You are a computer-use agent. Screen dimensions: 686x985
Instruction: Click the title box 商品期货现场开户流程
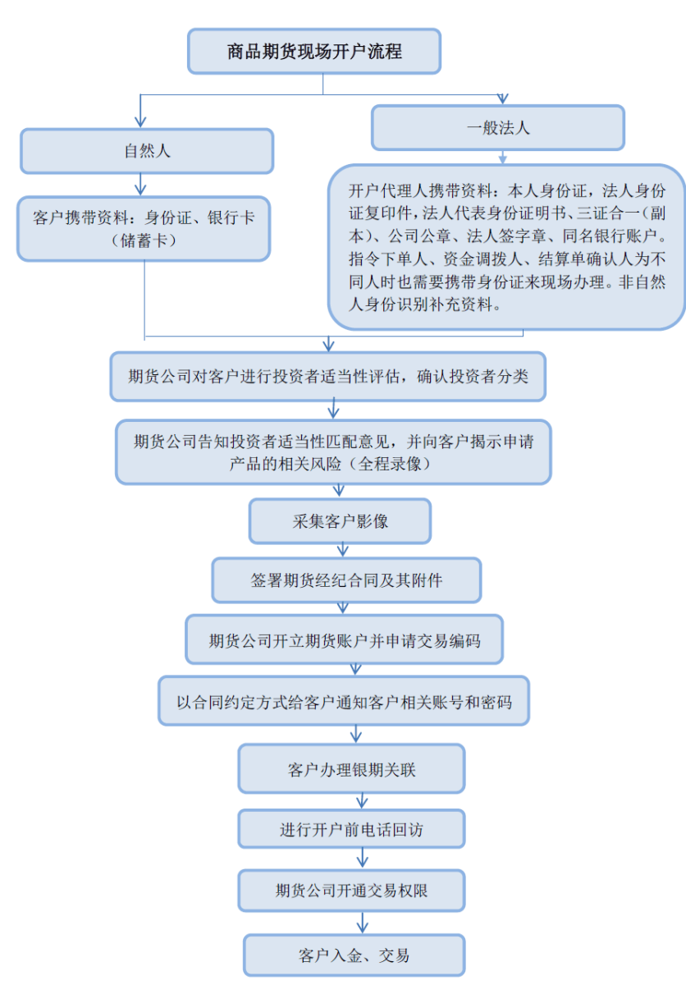(x=314, y=52)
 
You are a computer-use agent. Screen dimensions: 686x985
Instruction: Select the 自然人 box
(x=147, y=151)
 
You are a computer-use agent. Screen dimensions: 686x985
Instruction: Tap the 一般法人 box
(x=498, y=127)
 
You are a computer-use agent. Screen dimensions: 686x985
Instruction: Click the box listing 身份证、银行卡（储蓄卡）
(x=144, y=229)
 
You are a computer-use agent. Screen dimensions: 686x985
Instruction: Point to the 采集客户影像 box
(x=340, y=521)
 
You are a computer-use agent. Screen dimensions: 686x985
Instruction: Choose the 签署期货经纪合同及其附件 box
(x=346, y=580)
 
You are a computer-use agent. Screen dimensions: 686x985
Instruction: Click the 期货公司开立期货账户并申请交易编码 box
(x=344, y=639)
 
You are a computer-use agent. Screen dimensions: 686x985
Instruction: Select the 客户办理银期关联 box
(x=351, y=769)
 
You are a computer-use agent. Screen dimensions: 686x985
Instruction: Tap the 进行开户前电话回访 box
(x=351, y=829)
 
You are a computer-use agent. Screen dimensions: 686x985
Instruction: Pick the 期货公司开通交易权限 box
(x=351, y=891)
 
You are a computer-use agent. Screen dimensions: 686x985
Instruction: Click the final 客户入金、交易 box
(x=354, y=955)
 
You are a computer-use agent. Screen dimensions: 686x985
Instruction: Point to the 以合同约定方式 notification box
(x=344, y=701)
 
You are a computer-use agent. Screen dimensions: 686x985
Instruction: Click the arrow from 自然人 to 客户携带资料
(x=140, y=184)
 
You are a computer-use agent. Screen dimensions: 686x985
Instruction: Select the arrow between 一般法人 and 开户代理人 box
(x=503, y=158)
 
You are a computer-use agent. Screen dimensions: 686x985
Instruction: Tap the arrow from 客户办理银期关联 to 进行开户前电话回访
(x=362, y=801)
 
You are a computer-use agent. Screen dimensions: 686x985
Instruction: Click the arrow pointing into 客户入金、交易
(x=362, y=923)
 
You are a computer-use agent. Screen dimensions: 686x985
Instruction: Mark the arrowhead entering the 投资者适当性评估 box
(x=328, y=345)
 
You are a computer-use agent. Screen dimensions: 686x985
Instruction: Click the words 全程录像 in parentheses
(x=390, y=464)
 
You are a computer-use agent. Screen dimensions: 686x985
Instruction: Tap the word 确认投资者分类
(x=473, y=377)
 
